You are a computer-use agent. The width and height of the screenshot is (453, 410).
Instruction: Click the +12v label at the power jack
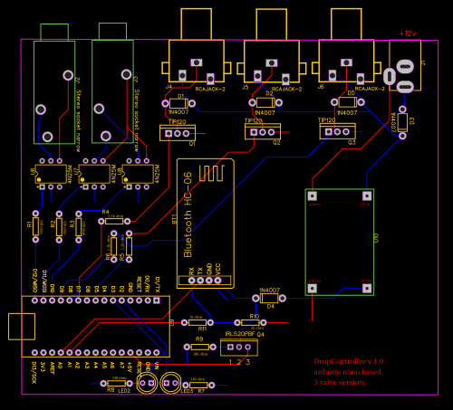tap(408, 33)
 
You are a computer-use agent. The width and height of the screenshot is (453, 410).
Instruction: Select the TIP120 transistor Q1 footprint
tap(178, 133)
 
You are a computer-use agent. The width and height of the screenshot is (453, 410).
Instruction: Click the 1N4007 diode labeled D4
tap(269, 297)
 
